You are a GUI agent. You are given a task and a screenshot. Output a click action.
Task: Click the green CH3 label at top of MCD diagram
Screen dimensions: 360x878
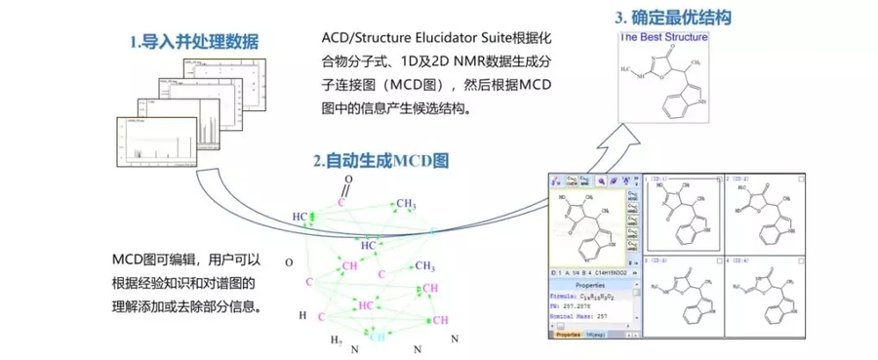407,204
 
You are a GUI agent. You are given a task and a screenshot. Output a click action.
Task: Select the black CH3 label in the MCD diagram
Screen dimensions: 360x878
425,265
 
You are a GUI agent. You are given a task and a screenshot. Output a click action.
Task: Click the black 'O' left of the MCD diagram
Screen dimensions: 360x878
288,262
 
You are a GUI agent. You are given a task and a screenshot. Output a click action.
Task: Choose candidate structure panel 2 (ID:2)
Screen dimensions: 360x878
762,215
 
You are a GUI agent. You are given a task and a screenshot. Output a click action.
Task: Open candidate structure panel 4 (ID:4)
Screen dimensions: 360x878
762,298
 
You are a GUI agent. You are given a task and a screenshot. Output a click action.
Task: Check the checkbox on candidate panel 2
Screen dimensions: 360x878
798,180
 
